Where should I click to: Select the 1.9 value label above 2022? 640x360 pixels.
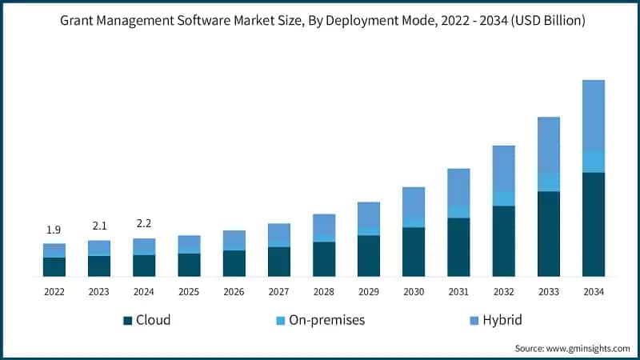point(54,230)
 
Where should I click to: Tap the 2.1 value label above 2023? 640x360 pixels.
point(98,226)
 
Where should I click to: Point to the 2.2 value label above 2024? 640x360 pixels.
point(143,224)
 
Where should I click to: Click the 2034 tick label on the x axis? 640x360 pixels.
point(593,292)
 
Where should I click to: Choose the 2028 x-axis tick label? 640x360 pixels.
point(323,292)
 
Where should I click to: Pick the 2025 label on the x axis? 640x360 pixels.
point(189,292)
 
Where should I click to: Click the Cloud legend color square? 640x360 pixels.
point(127,321)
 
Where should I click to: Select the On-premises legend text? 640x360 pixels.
point(326,320)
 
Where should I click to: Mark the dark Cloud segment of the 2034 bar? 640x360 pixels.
point(593,224)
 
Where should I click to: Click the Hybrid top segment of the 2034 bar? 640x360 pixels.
point(593,115)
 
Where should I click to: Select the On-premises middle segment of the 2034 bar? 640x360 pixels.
point(593,162)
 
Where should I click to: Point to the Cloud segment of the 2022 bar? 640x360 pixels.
point(54,266)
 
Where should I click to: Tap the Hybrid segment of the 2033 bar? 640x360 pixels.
point(548,145)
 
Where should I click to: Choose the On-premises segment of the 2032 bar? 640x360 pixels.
point(503,198)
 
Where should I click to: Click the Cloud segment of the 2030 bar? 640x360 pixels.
point(413,252)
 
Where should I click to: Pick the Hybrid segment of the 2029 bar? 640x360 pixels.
point(368,214)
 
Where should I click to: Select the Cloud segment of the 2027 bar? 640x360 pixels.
point(278,262)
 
